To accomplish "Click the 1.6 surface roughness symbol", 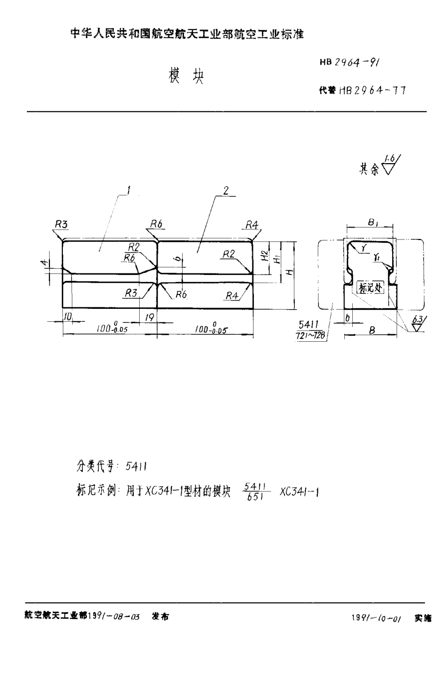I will coord(390,165).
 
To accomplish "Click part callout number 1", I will coord(129,190).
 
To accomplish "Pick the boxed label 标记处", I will coord(370,288).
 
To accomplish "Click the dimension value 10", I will coord(68,316).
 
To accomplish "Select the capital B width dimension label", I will coord(371,330).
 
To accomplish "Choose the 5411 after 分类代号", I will coord(136,466).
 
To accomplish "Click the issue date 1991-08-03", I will coord(114,617).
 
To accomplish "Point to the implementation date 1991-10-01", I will coord(376,618).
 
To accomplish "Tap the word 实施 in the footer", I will coord(423,618).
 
